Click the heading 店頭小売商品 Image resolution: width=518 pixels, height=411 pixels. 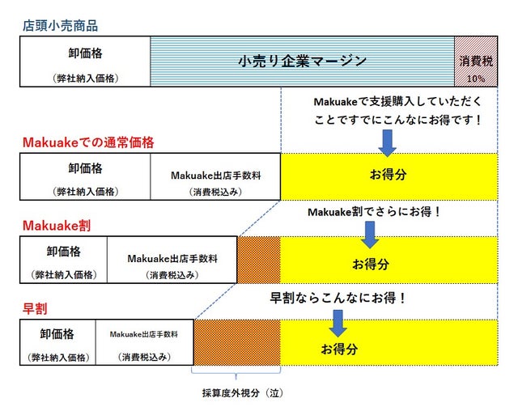pos(60,26)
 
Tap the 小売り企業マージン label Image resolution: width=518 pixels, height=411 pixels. pos(302,61)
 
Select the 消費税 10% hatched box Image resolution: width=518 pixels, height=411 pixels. pos(476,61)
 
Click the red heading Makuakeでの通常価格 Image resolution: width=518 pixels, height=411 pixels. pos(88,142)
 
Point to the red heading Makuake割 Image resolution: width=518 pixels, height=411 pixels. pos(57,226)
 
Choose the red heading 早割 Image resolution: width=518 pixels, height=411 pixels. pos(35,309)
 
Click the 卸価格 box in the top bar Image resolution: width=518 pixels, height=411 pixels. pos(85,61)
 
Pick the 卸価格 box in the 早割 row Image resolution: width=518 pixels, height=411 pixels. pos(57,342)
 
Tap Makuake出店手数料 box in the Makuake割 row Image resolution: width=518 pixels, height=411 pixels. pos(172,260)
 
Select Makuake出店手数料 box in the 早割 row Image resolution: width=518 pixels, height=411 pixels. pos(145,342)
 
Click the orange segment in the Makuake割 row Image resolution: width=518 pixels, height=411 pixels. pos(259,260)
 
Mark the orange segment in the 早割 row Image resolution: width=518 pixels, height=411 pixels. pos(237,342)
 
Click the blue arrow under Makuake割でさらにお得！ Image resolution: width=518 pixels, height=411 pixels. pos(370,235)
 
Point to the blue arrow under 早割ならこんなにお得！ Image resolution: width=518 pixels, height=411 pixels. pos(338,323)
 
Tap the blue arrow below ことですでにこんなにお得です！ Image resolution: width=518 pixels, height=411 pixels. pos(387,143)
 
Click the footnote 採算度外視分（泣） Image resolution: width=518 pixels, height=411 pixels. pos(243,393)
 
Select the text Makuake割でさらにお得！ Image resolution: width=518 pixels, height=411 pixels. pos(374,212)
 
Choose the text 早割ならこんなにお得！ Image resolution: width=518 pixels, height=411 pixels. pos(338,298)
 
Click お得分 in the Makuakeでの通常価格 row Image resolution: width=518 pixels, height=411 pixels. pos(388,174)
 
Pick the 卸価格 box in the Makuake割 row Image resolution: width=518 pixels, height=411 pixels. pos(63,260)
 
